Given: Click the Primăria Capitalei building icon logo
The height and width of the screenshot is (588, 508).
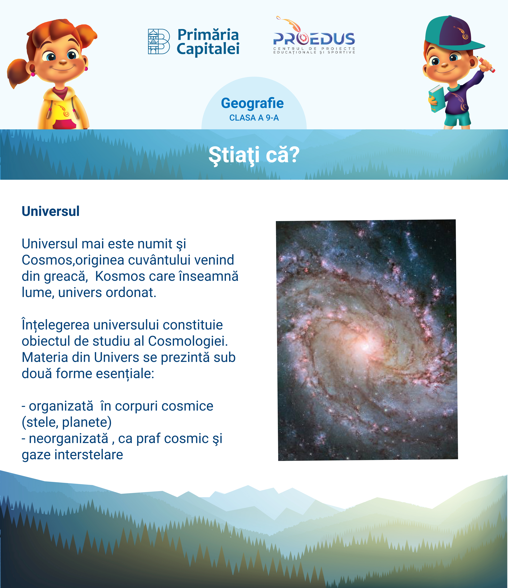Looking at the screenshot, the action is click(159, 41).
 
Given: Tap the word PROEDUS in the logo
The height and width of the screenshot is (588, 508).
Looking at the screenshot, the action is click(314, 39).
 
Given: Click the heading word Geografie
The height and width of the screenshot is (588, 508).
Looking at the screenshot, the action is click(252, 103).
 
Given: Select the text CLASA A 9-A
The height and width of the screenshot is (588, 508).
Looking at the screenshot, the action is click(254, 118).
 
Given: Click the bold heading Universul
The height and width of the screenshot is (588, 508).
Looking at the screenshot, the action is click(50, 211).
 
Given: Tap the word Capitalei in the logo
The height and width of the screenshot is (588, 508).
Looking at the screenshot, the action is click(208, 49).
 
